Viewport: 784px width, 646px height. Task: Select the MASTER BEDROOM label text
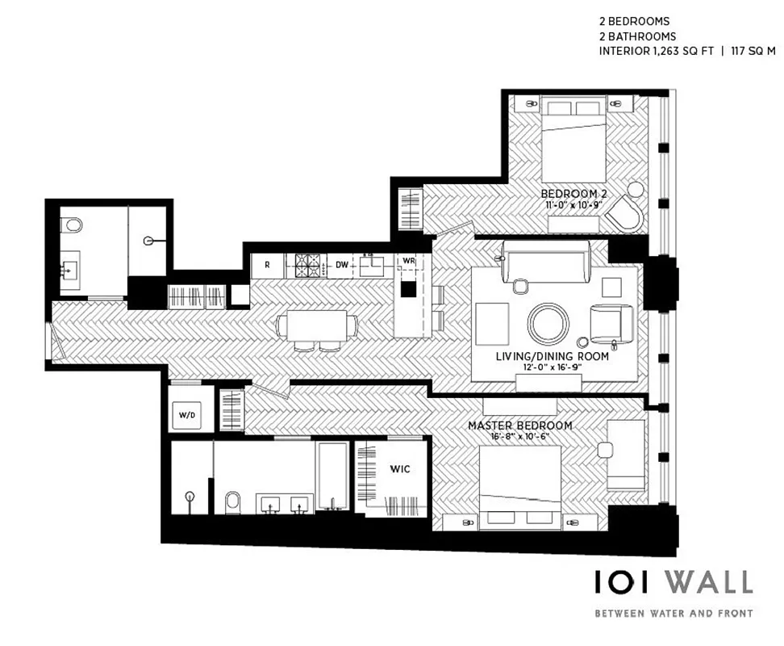[x=520, y=426]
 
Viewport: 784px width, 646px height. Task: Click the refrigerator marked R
[x=266, y=264]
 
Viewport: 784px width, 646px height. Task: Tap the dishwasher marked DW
[x=341, y=264]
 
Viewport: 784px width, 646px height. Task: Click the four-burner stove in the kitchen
[x=307, y=264]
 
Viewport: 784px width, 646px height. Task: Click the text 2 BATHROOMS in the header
[x=636, y=36]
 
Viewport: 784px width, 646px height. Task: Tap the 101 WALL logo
[x=673, y=581]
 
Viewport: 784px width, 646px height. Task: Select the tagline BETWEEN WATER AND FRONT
[x=673, y=613]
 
